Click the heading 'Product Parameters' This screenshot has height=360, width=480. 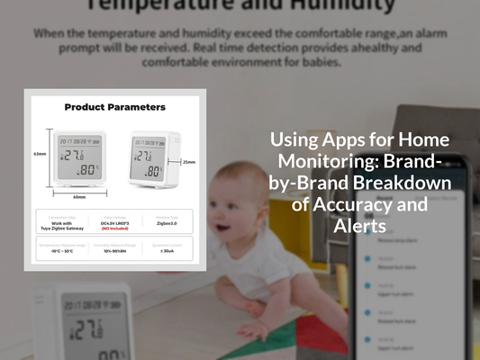(x=114, y=107)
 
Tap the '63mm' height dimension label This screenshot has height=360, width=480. (x=40, y=154)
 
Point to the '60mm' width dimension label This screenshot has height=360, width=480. (x=79, y=197)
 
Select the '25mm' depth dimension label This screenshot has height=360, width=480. (x=188, y=163)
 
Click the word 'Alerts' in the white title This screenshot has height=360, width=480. (x=360, y=225)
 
